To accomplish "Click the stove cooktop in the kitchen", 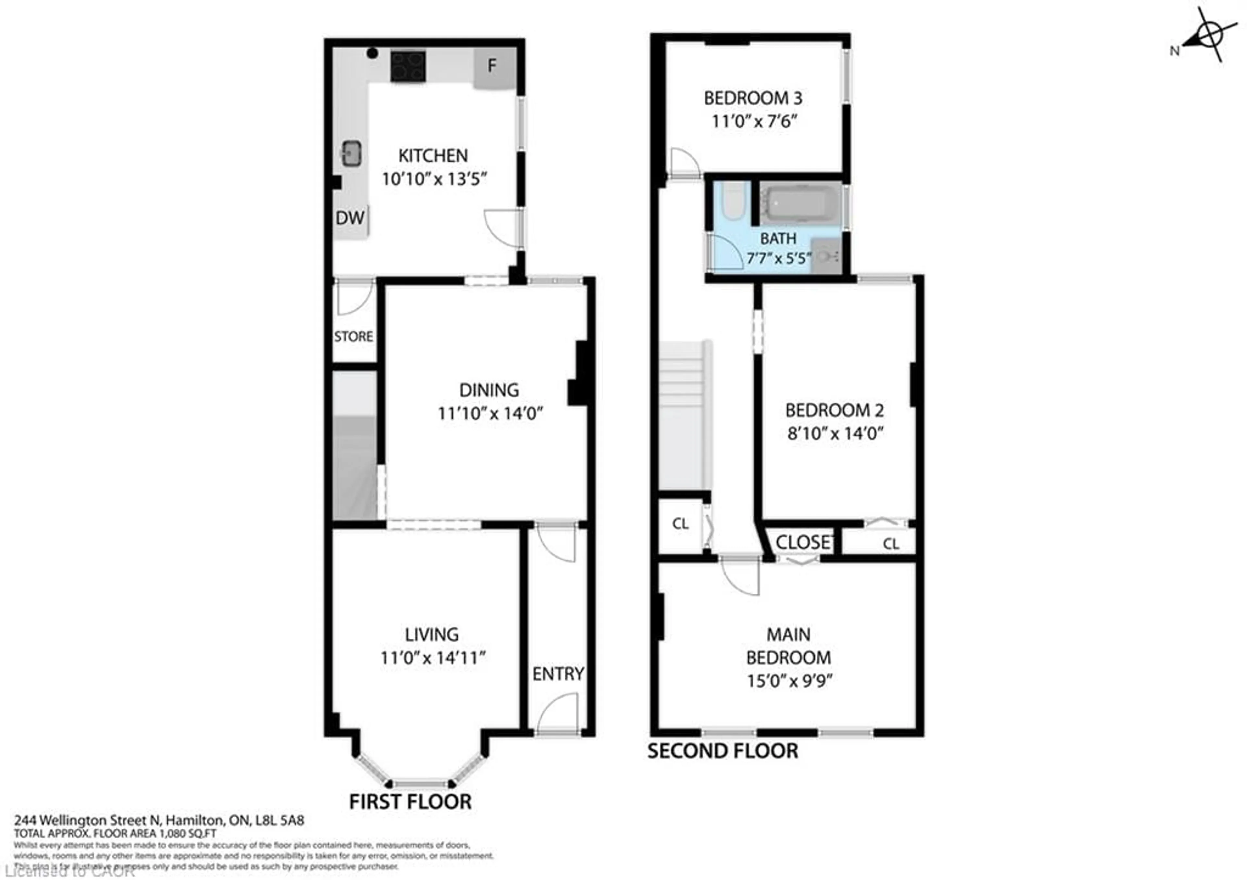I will [407, 66].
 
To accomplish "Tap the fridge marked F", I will [494, 67].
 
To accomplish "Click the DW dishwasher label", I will [350, 218].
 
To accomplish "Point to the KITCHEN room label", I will [433, 156].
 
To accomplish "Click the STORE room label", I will [354, 337].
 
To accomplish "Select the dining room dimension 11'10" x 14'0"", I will [490, 414].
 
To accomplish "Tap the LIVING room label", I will [432, 634].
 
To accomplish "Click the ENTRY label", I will [558, 674].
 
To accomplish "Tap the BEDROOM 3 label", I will [753, 98].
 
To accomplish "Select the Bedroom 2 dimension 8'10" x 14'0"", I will [835, 434].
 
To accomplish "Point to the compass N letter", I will [1174, 51].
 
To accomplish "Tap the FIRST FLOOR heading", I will [410, 802].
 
